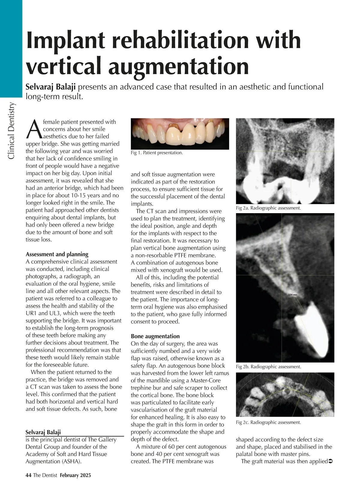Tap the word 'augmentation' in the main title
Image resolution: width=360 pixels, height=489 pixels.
click(x=178, y=67)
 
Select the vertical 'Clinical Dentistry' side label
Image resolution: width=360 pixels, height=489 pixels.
click(x=11, y=131)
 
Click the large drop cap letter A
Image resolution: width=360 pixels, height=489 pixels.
click(x=34, y=129)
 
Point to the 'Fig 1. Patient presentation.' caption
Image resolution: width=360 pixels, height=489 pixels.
click(x=157, y=153)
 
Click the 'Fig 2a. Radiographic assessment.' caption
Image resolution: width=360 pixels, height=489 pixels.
click(x=268, y=208)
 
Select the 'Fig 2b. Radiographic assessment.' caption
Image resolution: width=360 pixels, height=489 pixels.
click(x=268, y=367)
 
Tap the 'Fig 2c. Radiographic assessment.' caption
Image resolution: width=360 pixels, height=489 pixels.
click(x=268, y=422)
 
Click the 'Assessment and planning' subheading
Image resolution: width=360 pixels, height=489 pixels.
click(x=57, y=254)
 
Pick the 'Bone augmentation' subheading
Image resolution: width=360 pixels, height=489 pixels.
click(x=155, y=336)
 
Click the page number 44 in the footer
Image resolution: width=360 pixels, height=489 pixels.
click(x=28, y=475)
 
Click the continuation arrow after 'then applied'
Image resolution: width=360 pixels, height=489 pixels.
click(x=331, y=461)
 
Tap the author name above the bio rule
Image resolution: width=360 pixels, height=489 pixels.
click(x=43, y=432)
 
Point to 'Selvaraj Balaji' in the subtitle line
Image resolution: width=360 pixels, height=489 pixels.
click(x=51, y=87)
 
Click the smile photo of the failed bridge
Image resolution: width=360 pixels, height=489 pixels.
click(x=180, y=134)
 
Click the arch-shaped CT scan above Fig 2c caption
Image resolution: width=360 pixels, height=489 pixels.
click(x=285, y=394)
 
